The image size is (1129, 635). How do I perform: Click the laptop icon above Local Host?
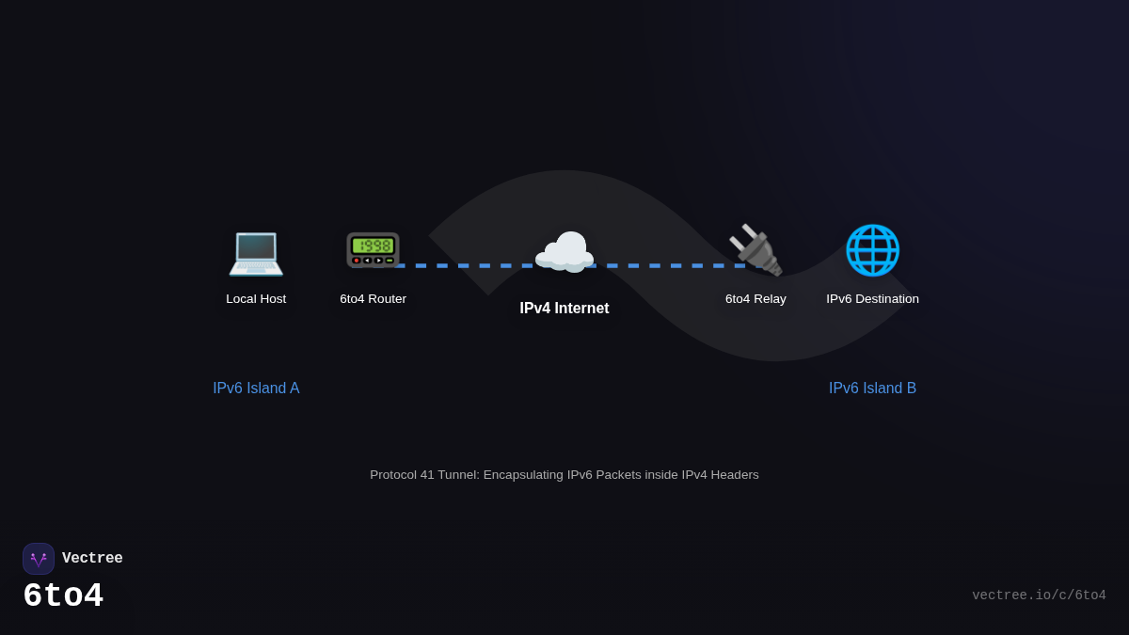click(x=256, y=251)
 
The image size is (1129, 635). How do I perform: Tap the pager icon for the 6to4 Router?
click(x=373, y=250)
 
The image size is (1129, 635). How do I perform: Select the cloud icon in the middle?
click(x=564, y=251)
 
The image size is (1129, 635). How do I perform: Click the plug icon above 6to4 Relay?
click(x=755, y=250)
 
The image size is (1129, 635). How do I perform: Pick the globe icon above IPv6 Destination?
click(x=872, y=250)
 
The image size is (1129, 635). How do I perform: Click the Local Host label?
click(x=256, y=299)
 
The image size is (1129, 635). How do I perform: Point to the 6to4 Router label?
click(x=373, y=299)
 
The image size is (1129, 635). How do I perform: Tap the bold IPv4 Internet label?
click(x=564, y=309)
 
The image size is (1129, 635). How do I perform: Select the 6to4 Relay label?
click(x=755, y=299)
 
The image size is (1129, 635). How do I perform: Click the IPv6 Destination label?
click(x=872, y=299)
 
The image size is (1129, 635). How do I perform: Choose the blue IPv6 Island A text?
click(x=256, y=389)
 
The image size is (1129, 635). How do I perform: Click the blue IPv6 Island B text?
click(x=872, y=389)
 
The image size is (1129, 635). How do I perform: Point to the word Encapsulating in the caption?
click(x=522, y=475)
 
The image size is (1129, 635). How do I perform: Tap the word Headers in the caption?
click(x=734, y=475)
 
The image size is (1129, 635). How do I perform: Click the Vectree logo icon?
click(x=39, y=559)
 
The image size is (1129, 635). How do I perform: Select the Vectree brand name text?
click(x=92, y=559)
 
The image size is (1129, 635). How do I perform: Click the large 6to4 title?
click(x=63, y=596)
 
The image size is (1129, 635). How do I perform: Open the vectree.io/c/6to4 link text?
click(x=1039, y=595)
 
